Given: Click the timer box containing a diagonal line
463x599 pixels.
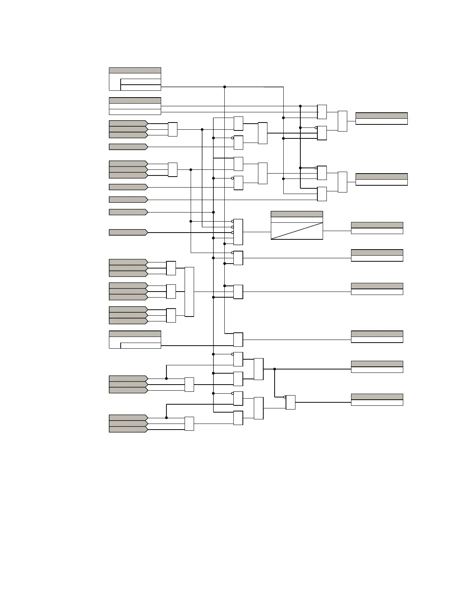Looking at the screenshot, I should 297,231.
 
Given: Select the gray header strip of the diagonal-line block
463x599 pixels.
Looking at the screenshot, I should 297,214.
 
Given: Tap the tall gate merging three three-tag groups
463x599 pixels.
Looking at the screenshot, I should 189,292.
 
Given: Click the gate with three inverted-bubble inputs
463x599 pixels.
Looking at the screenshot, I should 238,232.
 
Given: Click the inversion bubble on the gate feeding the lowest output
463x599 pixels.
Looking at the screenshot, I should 285,397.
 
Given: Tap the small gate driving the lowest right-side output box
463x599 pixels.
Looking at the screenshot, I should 291,402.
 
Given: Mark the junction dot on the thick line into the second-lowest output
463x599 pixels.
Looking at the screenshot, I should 275,369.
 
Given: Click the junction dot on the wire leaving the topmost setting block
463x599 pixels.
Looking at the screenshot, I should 225,87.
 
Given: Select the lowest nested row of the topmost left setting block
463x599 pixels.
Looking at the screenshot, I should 140,88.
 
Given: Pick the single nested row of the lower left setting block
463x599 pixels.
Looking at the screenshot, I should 140,346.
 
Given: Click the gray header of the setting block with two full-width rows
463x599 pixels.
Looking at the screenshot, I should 135,101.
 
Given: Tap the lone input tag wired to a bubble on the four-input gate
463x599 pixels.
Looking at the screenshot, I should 128,232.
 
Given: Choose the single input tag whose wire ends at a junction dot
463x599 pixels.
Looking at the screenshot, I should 128,212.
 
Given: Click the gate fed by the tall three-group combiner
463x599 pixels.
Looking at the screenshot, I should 238,292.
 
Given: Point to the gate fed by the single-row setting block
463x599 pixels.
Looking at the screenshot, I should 238,340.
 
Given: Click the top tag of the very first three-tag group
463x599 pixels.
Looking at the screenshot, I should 128,123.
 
